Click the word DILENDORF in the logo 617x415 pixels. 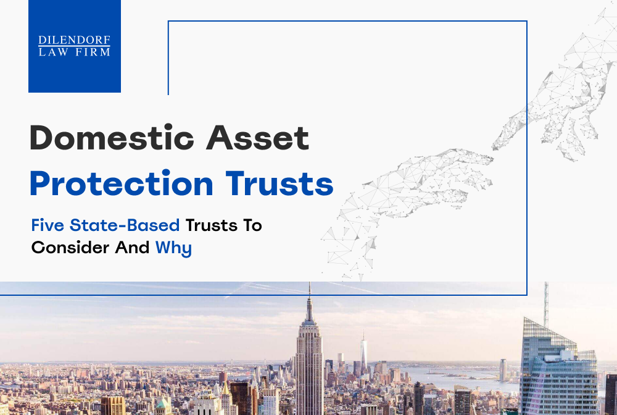coord(74,40)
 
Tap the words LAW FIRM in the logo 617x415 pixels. coord(74,52)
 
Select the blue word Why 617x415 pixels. coord(173,249)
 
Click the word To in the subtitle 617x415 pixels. coord(252,225)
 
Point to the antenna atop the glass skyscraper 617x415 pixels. coord(545,303)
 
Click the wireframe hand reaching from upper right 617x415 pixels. coord(555,93)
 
